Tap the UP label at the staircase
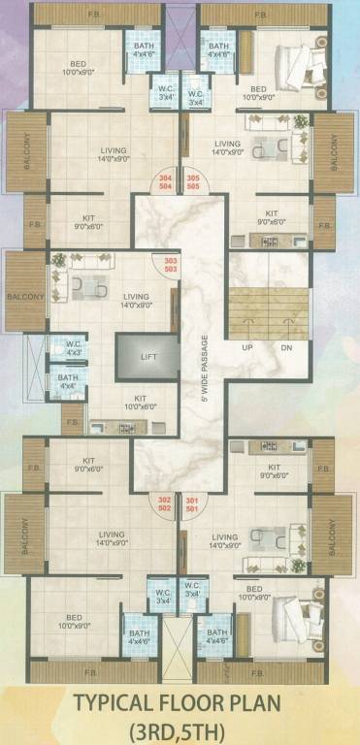pos(248,347)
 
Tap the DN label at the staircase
pos(287,347)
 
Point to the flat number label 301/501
pos(192,505)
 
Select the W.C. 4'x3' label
pos(73,347)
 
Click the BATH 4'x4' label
pos(67,381)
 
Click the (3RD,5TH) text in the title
pos(180,729)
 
